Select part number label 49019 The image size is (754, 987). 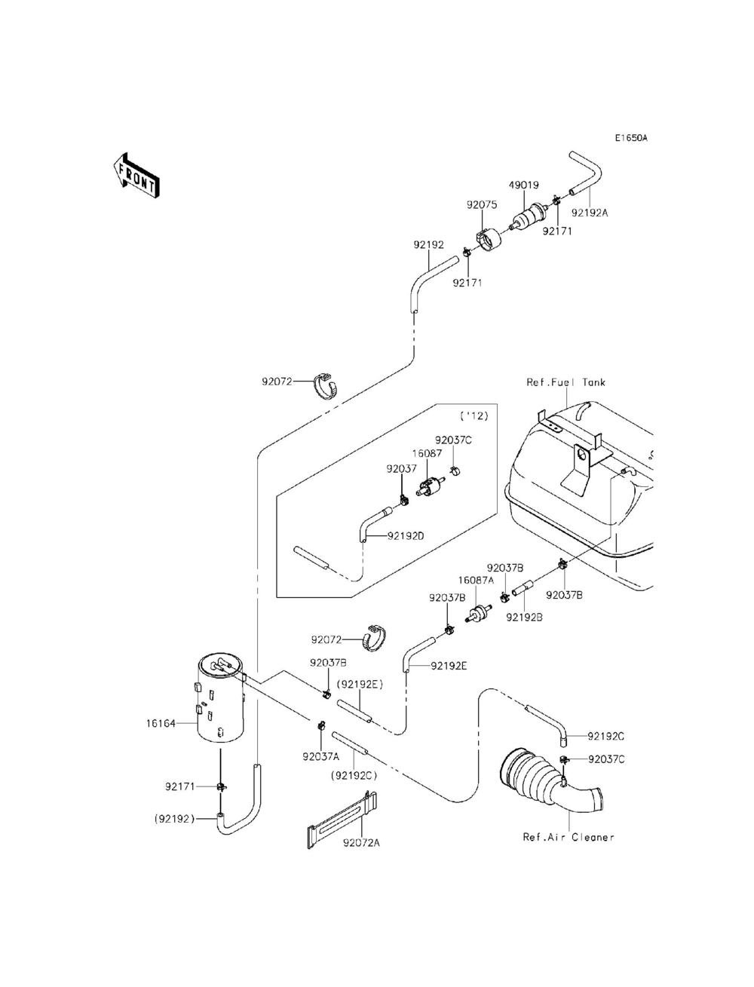click(523, 185)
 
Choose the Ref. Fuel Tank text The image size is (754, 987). click(565, 382)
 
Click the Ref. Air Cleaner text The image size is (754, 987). click(569, 837)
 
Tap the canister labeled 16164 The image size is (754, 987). click(222, 701)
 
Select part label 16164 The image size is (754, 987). click(161, 724)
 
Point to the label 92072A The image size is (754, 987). click(361, 843)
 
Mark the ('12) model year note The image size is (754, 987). click(474, 416)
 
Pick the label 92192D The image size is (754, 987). click(406, 536)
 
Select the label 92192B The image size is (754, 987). click(524, 617)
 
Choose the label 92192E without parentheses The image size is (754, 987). click(449, 666)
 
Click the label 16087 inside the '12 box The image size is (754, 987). click(427, 454)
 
